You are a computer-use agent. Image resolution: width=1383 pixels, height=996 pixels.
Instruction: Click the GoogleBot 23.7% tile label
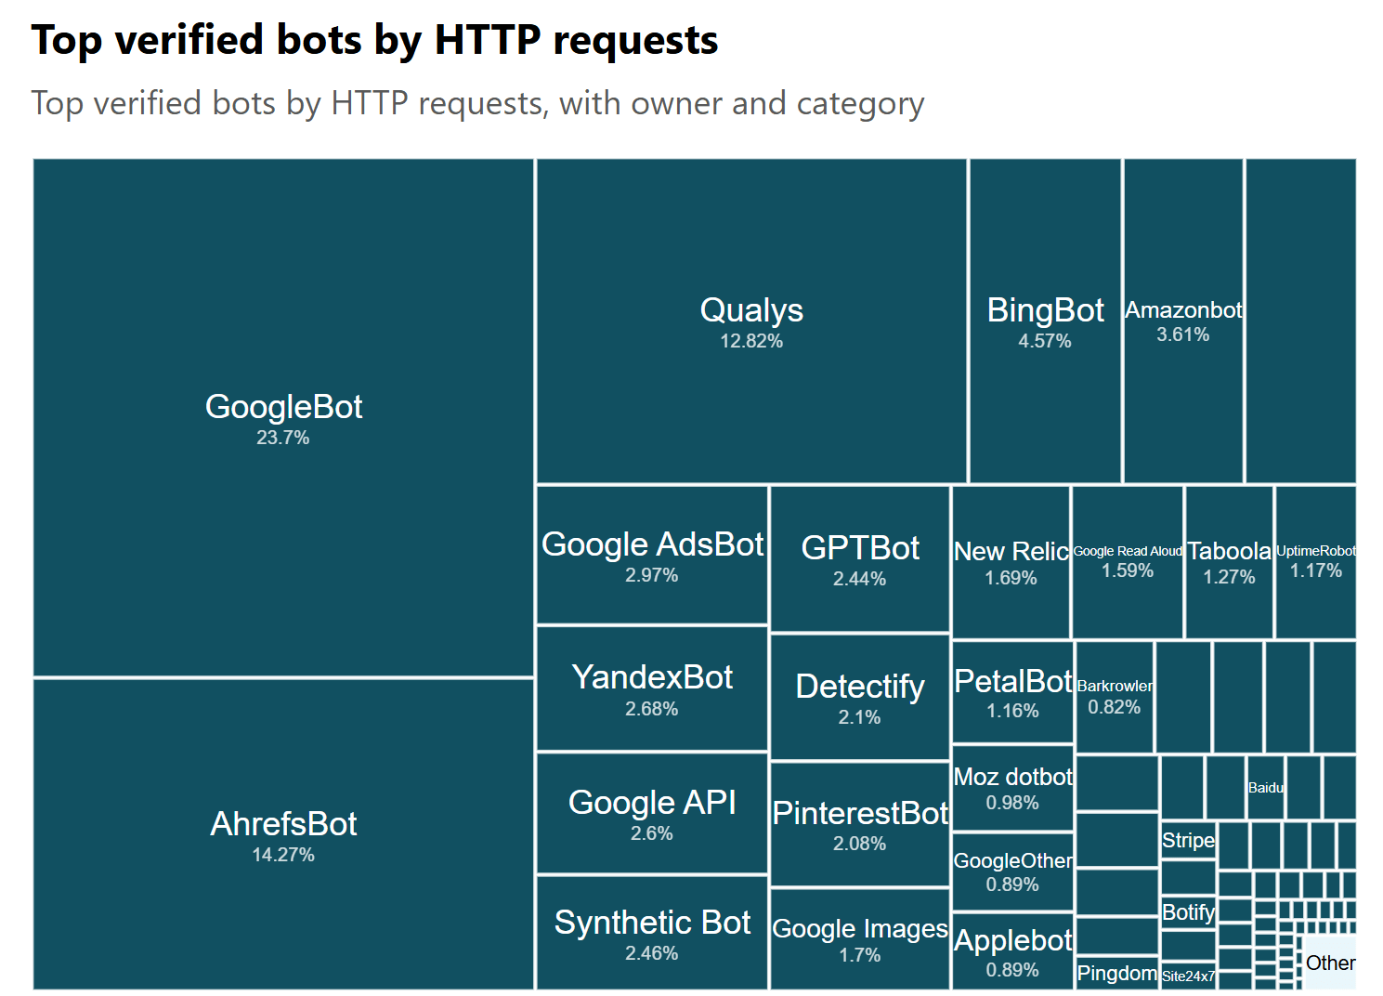[283, 407]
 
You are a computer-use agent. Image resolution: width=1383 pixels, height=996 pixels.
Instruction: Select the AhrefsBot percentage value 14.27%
[283, 855]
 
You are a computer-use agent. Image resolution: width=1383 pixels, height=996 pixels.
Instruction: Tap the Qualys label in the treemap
[751, 310]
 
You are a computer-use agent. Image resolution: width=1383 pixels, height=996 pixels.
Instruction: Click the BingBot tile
[1045, 321]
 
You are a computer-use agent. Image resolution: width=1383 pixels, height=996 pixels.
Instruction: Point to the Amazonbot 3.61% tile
[1182, 321]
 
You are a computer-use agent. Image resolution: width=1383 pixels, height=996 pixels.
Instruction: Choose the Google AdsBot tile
[652, 555]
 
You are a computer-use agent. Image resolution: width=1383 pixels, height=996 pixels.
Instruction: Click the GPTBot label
[860, 548]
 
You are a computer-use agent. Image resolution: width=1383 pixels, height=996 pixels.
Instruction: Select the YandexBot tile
[652, 688]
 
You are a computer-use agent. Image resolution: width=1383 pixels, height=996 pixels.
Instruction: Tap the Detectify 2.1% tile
[860, 697]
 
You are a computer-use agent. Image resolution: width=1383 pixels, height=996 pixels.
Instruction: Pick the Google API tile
[652, 813]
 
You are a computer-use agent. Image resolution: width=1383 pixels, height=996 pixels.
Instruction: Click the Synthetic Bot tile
[652, 933]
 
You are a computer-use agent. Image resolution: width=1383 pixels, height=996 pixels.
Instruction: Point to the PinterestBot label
[860, 813]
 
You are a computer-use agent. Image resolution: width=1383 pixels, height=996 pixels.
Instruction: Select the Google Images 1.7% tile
[860, 938]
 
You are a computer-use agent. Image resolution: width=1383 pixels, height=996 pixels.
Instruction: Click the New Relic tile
[1011, 562]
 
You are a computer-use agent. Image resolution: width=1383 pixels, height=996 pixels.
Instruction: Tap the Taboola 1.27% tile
[1229, 562]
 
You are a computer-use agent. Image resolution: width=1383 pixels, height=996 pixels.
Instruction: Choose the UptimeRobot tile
[1315, 561]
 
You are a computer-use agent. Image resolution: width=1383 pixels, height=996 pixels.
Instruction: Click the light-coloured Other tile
[1330, 963]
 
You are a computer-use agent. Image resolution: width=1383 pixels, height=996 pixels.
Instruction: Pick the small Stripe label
[1188, 840]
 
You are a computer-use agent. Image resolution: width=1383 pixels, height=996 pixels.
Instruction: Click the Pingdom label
[1116, 973]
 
